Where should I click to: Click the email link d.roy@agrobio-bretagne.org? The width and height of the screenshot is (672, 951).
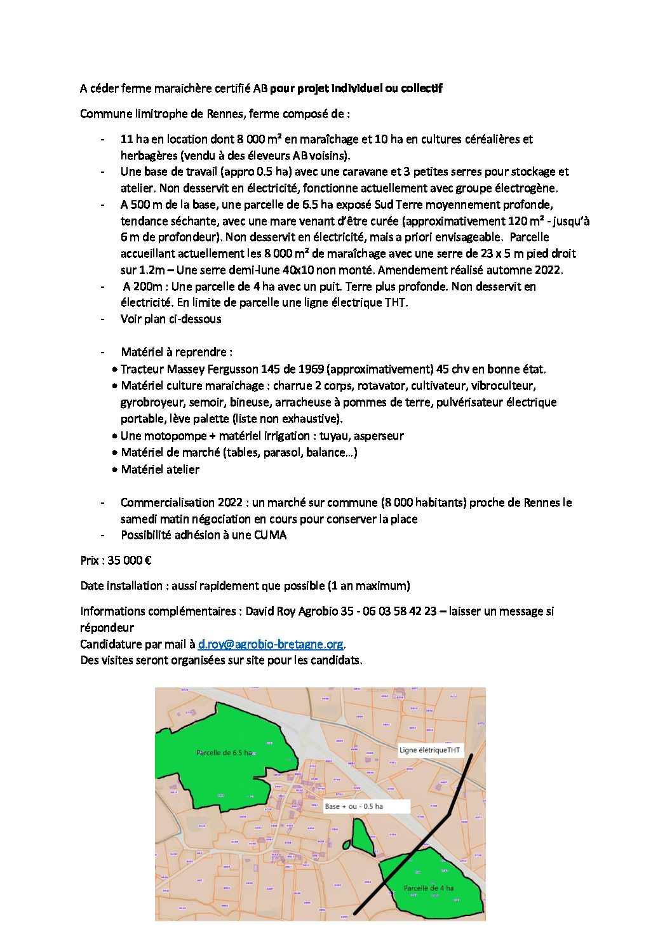pos(271,644)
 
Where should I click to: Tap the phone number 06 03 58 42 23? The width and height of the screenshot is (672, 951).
pos(400,611)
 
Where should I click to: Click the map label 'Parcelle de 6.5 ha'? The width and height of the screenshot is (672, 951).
pos(224,753)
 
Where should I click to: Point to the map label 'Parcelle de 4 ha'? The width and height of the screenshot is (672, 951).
pos(429,888)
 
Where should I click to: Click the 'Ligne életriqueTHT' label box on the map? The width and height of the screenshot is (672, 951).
pos(430,750)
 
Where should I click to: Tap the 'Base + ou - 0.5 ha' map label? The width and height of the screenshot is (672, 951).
pos(354,806)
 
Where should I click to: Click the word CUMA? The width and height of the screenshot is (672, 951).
pos(270,535)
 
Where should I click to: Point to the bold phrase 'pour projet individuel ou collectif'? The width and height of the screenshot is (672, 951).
pos(356,88)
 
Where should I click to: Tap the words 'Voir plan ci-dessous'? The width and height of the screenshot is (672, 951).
pos(171,319)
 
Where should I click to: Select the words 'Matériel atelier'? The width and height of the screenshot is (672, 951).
pos(160,469)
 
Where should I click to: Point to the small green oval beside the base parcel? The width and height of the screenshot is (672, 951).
pos(346,845)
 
